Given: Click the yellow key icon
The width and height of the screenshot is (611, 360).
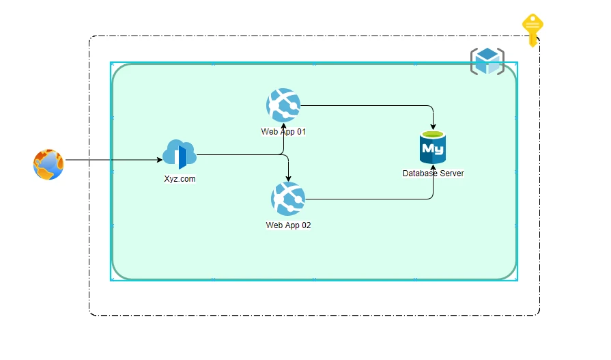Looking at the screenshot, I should (x=532, y=29).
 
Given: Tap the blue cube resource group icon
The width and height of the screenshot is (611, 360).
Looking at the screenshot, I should (x=487, y=61).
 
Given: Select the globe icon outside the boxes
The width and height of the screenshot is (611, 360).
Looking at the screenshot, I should (x=48, y=165).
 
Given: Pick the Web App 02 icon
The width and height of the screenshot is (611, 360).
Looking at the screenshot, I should (x=288, y=199).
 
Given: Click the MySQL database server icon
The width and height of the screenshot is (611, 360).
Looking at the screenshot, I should (x=433, y=148).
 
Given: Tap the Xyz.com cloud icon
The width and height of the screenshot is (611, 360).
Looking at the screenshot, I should (x=180, y=155).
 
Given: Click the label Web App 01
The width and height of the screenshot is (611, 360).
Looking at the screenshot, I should (x=283, y=131).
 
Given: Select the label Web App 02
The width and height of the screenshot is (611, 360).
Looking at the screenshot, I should (x=288, y=225).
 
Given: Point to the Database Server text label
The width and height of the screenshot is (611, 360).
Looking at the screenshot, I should (x=433, y=174).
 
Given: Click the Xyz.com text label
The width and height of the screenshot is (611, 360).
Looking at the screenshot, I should (x=180, y=179).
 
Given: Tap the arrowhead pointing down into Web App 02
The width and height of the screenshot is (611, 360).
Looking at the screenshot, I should (x=288, y=179).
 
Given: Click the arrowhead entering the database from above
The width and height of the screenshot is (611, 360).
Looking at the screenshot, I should (x=433, y=127).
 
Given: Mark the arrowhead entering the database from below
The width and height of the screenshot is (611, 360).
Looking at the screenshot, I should (x=433, y=167).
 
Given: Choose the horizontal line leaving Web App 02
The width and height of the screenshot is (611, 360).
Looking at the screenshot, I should (x=369, y=199).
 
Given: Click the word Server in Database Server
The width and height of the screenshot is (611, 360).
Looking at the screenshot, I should (x=451, y=174).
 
